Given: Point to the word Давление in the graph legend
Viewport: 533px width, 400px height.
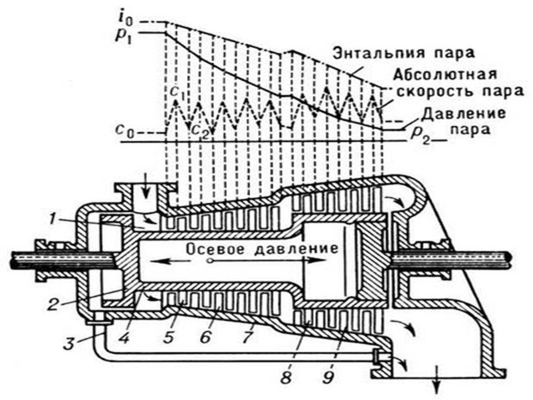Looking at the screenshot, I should (x=462, y=114).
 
